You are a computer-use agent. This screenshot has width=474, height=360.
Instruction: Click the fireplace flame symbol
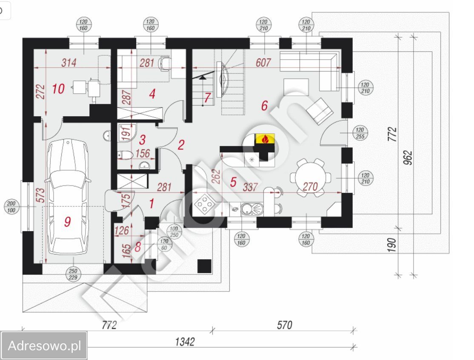(265, 139)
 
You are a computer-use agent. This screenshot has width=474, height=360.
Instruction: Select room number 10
(58, 89)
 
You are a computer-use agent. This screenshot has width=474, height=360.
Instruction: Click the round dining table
(310, 177)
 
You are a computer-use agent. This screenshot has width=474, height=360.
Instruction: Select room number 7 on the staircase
(207, 98)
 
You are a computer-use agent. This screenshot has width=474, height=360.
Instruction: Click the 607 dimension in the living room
(263, 63)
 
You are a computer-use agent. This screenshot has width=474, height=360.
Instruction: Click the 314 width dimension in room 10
(69, 63)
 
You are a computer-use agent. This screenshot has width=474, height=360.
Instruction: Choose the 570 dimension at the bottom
(284, 325)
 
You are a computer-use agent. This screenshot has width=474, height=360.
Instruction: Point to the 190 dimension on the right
(392, 245)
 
